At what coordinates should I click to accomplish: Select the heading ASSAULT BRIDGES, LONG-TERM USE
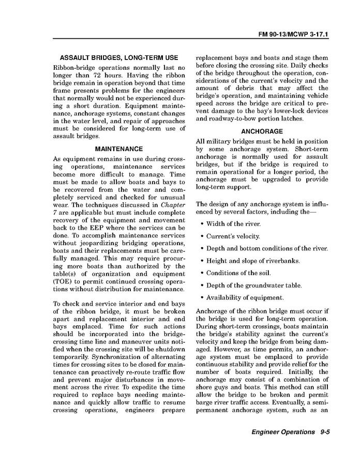119,57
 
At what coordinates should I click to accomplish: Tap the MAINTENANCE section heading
119,149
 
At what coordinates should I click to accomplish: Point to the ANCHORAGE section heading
262,131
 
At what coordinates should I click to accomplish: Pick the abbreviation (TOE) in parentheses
63,281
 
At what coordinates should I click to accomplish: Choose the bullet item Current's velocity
233,236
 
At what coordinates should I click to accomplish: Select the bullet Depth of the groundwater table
254,285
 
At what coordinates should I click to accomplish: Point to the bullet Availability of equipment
245,298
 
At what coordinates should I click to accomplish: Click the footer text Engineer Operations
283,432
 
